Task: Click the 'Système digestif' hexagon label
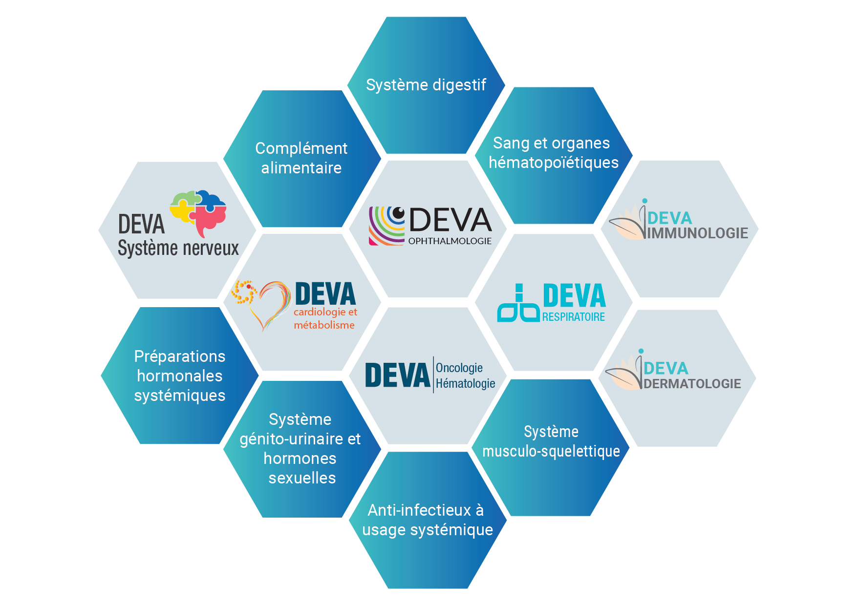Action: point(426,85)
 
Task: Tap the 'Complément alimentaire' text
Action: point(301,158)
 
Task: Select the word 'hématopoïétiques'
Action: point(554,163)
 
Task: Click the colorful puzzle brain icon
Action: point(198,212)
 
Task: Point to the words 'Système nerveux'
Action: point(178,248)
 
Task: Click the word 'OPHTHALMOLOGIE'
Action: point(450,241)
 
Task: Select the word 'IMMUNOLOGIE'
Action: point(698,233)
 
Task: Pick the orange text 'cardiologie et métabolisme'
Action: point(325,318)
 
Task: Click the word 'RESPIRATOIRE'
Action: point(574,317)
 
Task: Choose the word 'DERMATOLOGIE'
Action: point(692,384)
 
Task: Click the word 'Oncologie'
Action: point(459,368)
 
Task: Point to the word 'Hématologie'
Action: point(466,384)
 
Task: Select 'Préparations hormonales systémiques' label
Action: point(180,376)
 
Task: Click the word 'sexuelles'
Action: point(302,478)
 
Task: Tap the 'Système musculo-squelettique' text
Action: point(551,441)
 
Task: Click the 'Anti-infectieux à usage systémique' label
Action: point(428,520)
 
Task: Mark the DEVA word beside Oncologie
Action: point(398,375)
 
